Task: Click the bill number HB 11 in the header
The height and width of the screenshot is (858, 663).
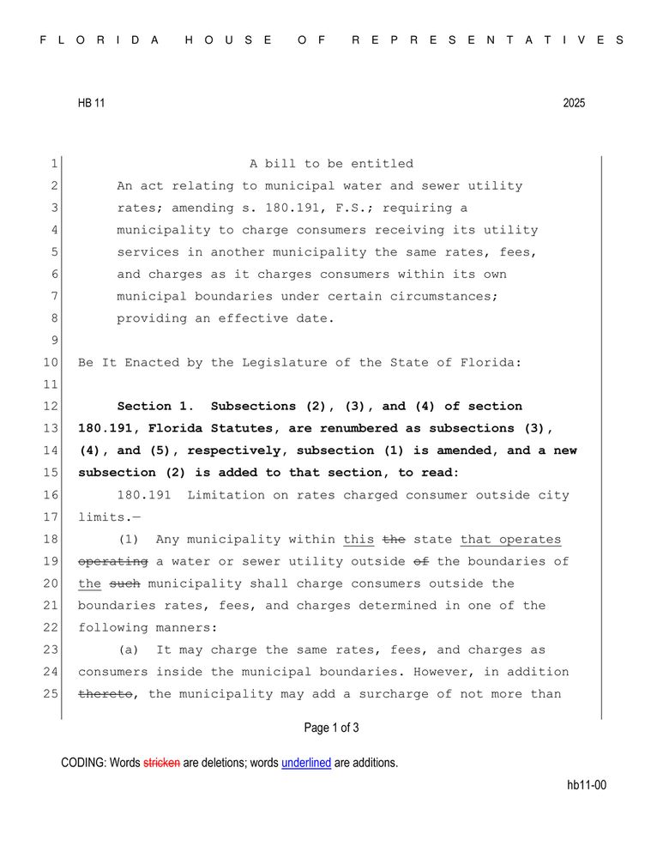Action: [x=91, y=103]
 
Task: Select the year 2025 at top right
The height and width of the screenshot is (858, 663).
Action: [x=574, y=103]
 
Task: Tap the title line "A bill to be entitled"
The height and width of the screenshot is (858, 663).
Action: [x=331, y=164]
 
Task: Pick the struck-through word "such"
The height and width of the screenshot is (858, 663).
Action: [x=124, y=583]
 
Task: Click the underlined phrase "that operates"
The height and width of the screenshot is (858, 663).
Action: [x=510, y=540]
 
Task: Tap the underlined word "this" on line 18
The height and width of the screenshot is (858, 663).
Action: [x=359, y=540]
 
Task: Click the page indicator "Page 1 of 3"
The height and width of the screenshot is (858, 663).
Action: [x=331, y=728]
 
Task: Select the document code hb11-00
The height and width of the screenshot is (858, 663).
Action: [x=587, y=785]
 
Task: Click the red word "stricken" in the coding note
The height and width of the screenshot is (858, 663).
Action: [x=161, y=763]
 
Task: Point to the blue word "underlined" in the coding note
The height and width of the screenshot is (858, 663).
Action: [x=306, y=763]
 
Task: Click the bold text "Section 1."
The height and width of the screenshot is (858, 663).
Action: [x=156, y=407]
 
